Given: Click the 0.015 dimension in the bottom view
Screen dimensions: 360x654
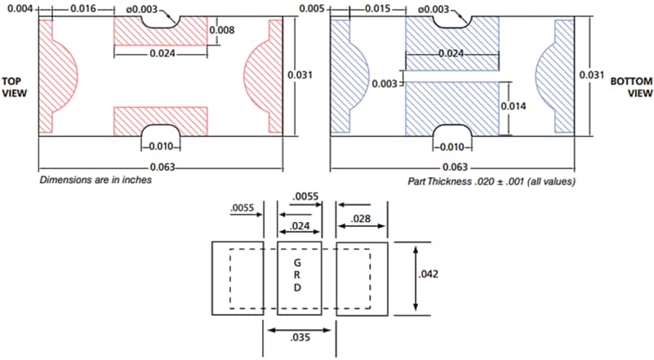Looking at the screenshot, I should pyautogui.click(x=375, y=8).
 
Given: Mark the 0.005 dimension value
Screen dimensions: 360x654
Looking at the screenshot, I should pyautogui.click(x=312, y=8).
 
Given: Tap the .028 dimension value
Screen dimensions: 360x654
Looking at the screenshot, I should pyautogui.click(x=362, y=220).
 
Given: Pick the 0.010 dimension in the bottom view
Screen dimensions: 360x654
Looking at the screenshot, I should pyautogui.click(x=452, y=147).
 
